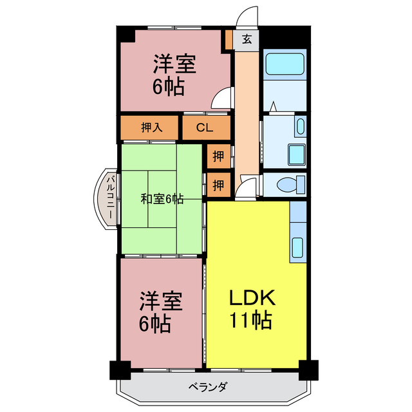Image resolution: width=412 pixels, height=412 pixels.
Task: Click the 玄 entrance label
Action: (247, 39)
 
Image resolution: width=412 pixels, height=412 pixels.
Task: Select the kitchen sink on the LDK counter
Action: (298, 247)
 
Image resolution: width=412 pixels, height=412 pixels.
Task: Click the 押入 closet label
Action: (151, 127)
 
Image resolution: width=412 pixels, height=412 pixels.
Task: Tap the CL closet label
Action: (204, 127)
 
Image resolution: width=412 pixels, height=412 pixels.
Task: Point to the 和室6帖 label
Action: (162, 199)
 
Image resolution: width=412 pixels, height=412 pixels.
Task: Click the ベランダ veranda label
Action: (207, 388)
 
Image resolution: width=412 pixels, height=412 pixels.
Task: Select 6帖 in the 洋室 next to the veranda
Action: (155, 324)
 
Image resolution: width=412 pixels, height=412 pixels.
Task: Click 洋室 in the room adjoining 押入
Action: (173, 65)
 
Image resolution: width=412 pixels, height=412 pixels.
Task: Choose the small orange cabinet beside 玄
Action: (228, 39)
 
